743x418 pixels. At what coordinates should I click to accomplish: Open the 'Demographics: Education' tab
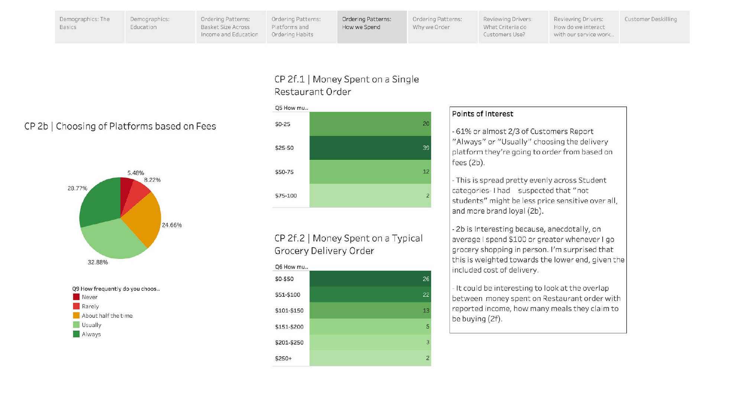point(160,27)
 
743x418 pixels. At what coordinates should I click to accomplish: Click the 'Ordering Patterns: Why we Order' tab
point(442,27)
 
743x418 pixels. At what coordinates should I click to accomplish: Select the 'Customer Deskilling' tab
point(654,27)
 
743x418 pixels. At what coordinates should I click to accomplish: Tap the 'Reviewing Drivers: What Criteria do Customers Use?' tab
point(513,27)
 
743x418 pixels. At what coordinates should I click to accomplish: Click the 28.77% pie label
point(77,188)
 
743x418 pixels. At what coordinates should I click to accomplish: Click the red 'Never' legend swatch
point(76,297)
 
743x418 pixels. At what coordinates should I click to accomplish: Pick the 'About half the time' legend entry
point(107,315)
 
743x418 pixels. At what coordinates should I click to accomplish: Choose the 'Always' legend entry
point(91,334)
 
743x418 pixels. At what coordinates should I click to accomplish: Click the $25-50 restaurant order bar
point(370,148)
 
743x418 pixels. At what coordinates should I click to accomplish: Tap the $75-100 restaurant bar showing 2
point(370,195)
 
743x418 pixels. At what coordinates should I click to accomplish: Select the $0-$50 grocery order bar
point(370,279)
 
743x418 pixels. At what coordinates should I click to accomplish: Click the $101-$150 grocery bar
point(370,310)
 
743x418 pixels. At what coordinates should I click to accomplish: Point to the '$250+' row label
point(283,358)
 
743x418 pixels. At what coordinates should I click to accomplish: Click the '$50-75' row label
point(284,172)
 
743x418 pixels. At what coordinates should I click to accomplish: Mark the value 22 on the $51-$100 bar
point(426,295)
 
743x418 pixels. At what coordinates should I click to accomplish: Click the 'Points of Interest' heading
point(482,114)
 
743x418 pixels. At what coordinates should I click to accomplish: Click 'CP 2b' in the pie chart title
point(36,126)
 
